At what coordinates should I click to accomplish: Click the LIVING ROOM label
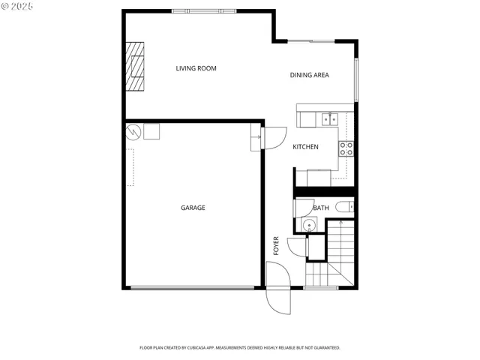point(196,69)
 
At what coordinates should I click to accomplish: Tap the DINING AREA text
point(310,75)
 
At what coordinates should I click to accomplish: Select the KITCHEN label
point(305,147)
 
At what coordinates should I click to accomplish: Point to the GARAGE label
point(193,208)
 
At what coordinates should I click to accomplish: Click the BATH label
point(321,208)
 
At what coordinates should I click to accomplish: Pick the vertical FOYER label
point(276,246)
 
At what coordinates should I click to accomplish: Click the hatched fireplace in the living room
point(136,66)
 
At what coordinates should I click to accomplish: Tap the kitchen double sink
point(329,118)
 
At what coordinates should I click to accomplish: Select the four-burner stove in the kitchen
point(346,148)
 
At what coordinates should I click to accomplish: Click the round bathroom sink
point(308,225)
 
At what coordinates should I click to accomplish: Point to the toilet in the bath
point(344,207)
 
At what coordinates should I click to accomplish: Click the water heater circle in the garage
point(133,131)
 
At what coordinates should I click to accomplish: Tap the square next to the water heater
point(152,131)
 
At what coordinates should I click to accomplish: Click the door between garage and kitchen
point(273,137)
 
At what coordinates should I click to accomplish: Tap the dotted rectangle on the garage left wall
point(130,166)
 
